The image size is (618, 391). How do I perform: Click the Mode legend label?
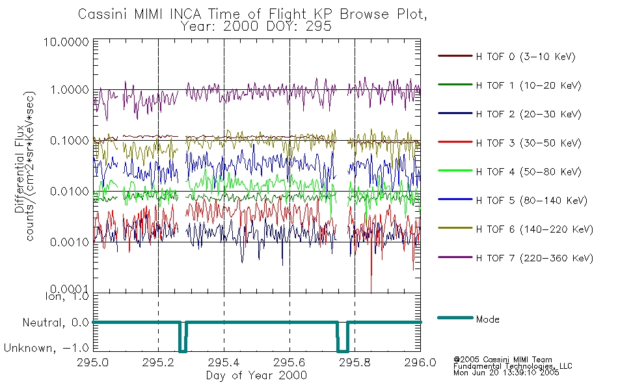coord(488,319)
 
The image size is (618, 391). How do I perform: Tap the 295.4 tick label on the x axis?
coord(224,364)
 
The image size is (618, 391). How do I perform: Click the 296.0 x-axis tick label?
coord(420,364)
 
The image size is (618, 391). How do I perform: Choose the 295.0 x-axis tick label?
coord(93,364)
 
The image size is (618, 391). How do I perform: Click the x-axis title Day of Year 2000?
coord(256,375)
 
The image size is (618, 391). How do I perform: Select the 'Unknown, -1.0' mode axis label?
coord(47,348)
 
